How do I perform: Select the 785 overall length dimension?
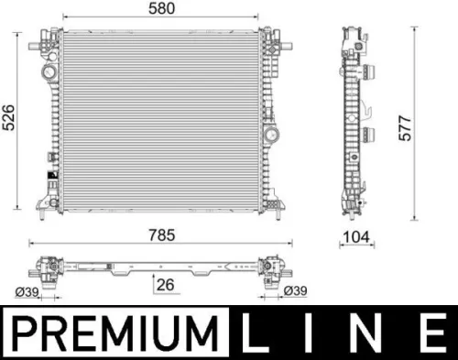click(x=162, y=235)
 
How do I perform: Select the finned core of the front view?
click(x=160, y=115)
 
